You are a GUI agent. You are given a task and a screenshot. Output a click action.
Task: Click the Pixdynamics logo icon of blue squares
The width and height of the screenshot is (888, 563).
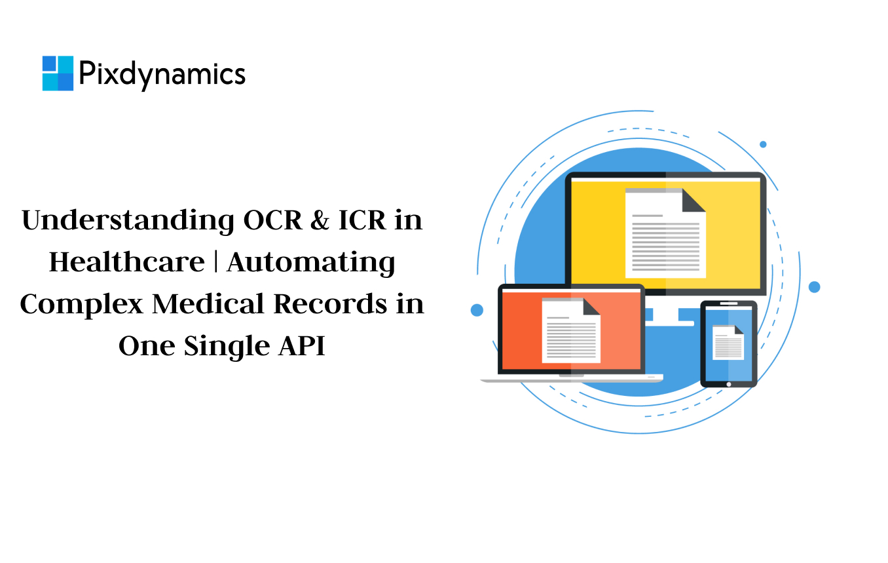(x=58, y=73)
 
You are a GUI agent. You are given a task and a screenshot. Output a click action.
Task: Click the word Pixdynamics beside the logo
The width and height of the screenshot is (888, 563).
(x=162, y=75)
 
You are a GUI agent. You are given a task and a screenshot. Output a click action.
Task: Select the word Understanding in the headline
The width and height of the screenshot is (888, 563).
(x=128, y=221)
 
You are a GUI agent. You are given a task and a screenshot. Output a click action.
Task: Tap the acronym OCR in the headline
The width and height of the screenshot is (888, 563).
(x=272, y=220)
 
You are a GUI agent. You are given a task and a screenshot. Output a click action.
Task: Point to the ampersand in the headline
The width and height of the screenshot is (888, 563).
(x=320, y=220)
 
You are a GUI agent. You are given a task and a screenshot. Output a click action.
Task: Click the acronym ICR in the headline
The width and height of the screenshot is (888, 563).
(x=362, y=220)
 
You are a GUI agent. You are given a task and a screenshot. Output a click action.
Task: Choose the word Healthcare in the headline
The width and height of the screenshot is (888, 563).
(x=127, y=262)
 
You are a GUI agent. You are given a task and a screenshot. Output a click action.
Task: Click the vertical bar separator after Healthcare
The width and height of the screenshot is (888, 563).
(x=215, y=262)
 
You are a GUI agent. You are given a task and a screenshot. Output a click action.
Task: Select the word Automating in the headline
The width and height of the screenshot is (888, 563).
(x=311, y=263)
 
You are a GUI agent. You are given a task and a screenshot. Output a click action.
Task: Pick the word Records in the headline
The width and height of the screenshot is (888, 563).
(x=330, y=304)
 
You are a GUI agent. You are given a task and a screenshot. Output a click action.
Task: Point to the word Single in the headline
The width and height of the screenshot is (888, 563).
(x=227, y=347)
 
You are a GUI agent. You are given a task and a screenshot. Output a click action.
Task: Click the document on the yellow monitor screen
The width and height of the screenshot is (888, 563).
(x=665, y=233)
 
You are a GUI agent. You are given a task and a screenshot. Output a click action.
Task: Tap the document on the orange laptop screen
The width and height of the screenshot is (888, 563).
(x=571, y=330)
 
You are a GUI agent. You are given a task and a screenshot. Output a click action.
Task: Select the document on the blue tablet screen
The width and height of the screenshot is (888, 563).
(x=728, y=343)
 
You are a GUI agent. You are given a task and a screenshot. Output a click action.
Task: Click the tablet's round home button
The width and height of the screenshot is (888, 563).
(x=729, y=385)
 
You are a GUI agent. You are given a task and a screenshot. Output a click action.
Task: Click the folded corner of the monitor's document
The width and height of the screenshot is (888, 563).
(x=693, y=201)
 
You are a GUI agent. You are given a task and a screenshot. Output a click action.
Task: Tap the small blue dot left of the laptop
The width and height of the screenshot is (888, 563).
(x=477, y=310)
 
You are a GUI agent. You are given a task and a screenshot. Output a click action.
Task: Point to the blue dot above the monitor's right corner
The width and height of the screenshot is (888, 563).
(x=763, y=144)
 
